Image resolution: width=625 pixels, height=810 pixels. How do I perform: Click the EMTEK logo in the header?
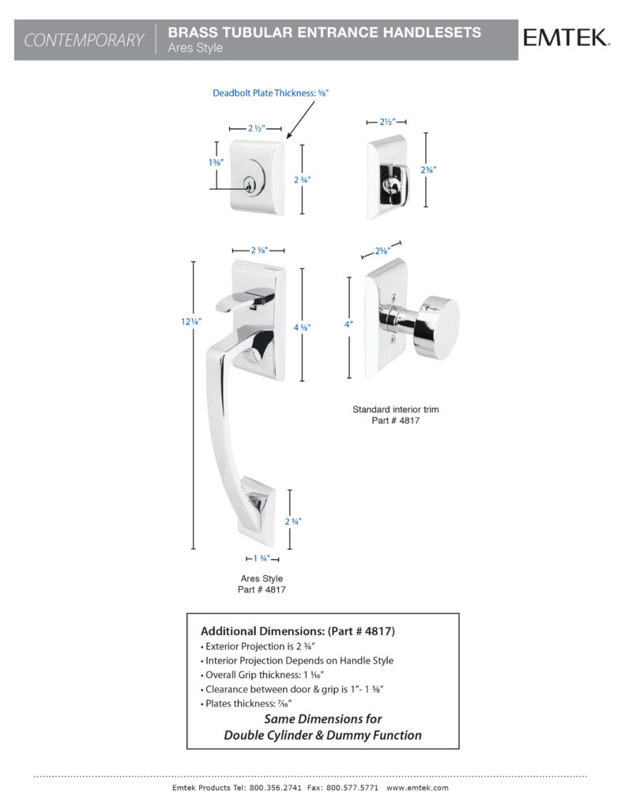tap(564, 37)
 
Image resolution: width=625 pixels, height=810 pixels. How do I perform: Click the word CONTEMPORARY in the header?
tap(84, 40)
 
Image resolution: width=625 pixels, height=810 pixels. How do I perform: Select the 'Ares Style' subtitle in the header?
tap(195, 48)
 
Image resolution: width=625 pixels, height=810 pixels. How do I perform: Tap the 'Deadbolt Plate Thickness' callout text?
tap(269, 93)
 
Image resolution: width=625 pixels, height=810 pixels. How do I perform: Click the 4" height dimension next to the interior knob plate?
tap(349, 324)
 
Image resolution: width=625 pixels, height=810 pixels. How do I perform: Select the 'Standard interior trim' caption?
tap(395, 410)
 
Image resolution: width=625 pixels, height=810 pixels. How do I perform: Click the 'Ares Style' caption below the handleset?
tap(262, 579)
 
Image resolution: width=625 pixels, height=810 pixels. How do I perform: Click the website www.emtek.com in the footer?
tap(417, 788)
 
